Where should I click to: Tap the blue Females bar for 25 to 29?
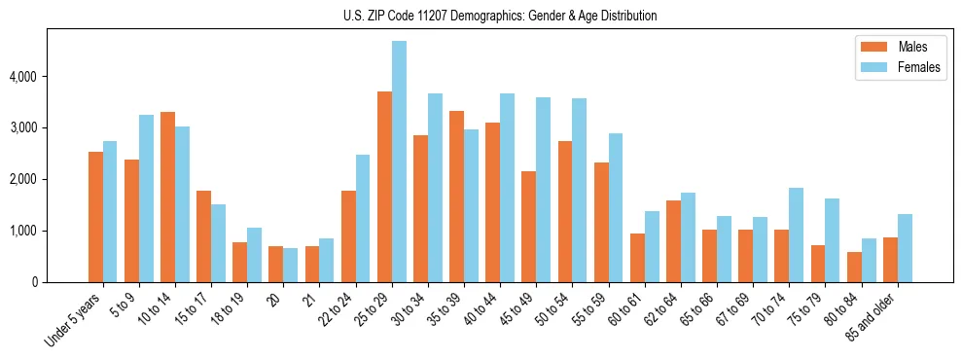[399, 162]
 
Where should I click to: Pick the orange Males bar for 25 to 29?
[384, 187]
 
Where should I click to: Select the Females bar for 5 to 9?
[146, 198]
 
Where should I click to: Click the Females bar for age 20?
[290, 265]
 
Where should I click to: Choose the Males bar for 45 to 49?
[528, 227]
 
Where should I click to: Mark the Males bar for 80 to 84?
[853, 268]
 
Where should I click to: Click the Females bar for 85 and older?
[904, 248]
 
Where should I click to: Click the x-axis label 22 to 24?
[336, 311]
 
